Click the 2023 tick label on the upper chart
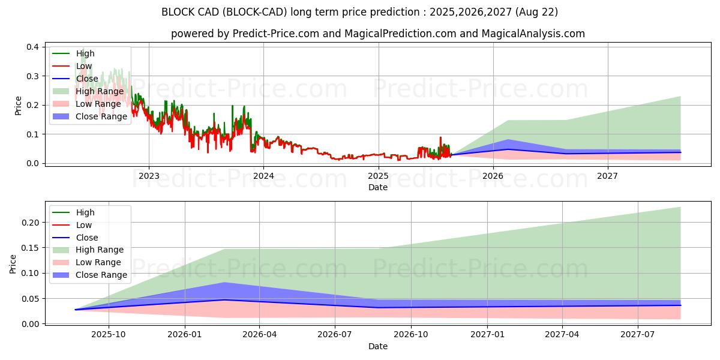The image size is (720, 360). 149,176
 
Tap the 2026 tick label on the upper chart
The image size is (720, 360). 493,176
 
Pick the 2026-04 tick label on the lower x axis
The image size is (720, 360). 259,335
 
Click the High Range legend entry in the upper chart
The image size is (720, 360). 99,91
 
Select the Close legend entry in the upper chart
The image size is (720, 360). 87,79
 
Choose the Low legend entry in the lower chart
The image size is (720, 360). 84,225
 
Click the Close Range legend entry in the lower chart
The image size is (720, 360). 101,275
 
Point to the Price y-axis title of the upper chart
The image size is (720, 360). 18,106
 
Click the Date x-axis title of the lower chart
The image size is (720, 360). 378,346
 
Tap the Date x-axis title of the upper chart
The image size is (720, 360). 378,187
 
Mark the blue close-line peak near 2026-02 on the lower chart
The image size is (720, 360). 224,300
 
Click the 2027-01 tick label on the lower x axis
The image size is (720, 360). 487,335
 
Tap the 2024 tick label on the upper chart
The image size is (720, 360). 263,176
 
